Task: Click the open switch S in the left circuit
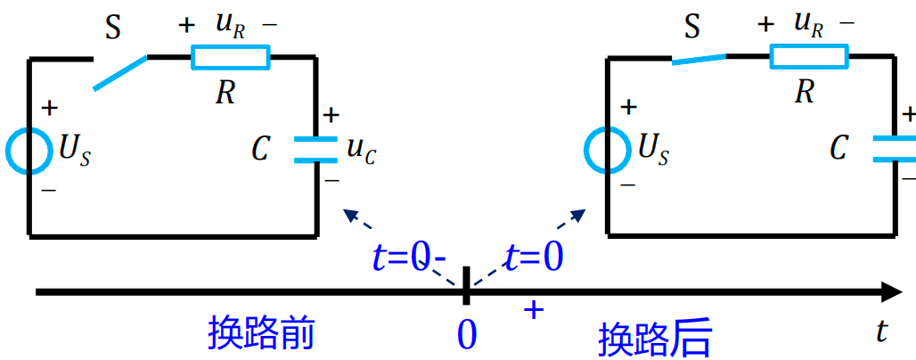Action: (x=120, y=73)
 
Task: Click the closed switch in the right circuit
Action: (x=699, y=59)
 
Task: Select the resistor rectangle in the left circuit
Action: (x=230, y=59)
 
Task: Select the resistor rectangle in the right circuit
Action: (x=810, y=58)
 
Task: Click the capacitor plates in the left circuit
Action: (x=316, y=150)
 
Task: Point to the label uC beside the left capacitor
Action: (x=361, y=151)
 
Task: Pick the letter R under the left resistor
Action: (x=225, y=92)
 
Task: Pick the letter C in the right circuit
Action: (x=838, y=149)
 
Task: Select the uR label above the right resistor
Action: (x=809, y=24)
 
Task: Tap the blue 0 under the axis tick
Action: (x=467, y=334)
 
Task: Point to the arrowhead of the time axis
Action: (x=890, y=291)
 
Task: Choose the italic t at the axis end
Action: (x=882, y=331)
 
